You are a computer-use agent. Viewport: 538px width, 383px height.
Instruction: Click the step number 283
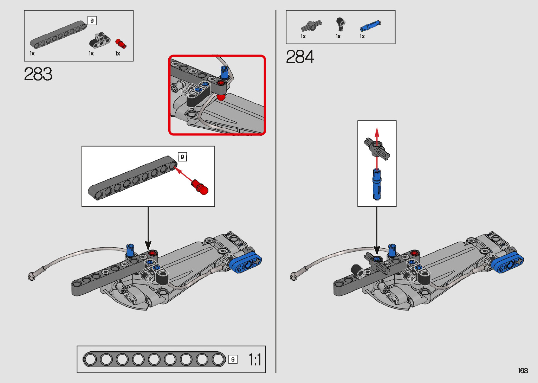[x=38, y=74]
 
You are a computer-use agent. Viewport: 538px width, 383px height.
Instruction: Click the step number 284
[x=300, y=57]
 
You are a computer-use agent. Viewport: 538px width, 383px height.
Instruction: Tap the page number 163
[x=523, y=370]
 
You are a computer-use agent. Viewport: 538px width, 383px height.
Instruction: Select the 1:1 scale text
[x=255, y=360]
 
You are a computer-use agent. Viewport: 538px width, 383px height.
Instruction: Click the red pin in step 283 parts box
[x=121, y=44]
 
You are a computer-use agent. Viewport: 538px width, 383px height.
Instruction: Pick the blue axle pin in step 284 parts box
[x=370, y=26]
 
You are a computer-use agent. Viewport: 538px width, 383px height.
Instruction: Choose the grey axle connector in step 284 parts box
[x=311, y=26]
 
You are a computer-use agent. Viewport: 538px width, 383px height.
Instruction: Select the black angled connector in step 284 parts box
[x=340, y=24]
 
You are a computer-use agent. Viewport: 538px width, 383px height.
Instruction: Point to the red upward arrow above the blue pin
[x=377, y=148]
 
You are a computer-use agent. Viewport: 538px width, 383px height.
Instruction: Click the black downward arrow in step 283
[x=148, y=228]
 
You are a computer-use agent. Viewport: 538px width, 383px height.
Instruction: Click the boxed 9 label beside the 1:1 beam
[x=233, y=360]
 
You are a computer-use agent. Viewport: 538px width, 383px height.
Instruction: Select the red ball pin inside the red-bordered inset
[x=221, y=97]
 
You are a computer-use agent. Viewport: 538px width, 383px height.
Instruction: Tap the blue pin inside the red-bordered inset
[x=224, y=73]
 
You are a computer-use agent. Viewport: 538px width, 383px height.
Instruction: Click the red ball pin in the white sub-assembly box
[x=200, y=187]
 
